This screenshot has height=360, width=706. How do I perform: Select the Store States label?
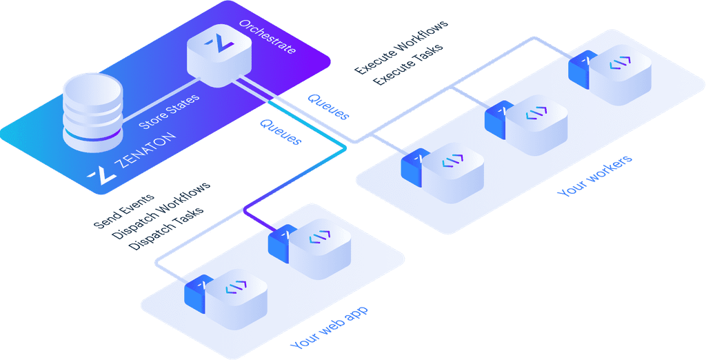170,111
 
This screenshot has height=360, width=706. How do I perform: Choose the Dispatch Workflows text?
161,211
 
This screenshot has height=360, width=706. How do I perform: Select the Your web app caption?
329,328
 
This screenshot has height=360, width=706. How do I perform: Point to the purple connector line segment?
259,217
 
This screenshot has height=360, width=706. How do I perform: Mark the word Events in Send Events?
138,204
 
